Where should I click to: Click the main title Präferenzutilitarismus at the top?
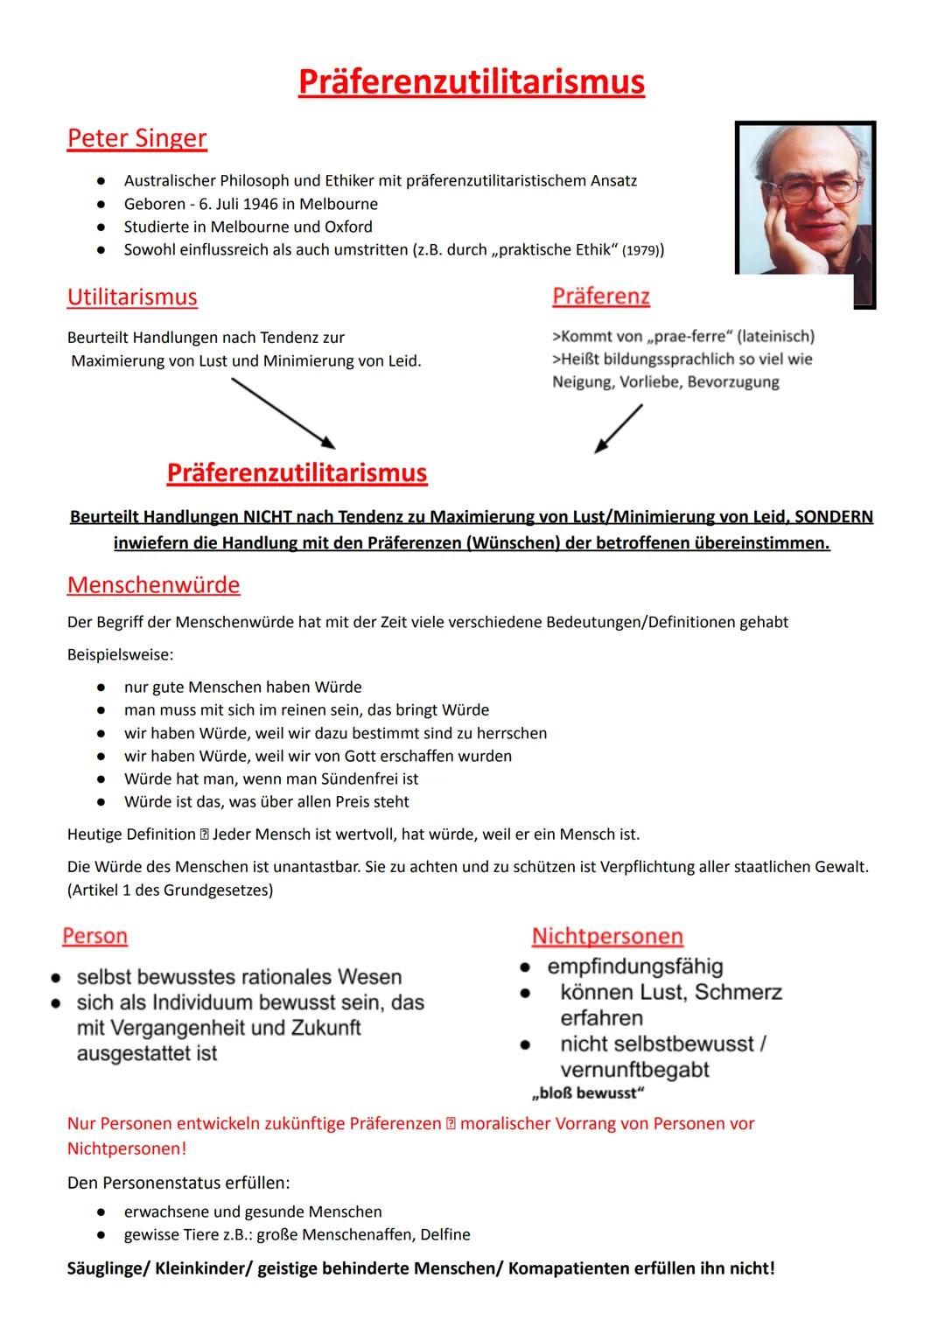[x=471, y=82]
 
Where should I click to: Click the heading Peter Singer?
[x=136, y=138]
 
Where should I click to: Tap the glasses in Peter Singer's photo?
[x=809, y=188]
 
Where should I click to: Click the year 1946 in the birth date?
[x=271, y=204]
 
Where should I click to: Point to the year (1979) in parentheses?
[x=642, y=251]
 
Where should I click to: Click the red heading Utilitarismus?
[x=132, y=297]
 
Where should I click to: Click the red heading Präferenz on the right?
[x=601, y=297]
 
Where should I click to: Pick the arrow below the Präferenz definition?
[x=619, y=429]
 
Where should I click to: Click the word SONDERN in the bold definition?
[x=833, y=517]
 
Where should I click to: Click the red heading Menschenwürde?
[x=153, y=584]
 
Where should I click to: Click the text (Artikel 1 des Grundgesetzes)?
[x=170, y=890]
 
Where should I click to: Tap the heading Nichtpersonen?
[x=607, y=936]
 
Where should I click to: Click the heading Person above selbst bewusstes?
[x=94, y=936]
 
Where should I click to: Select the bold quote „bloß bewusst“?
[x=588, y=1093]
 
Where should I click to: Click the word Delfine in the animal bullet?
[x=444, y=1234]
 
